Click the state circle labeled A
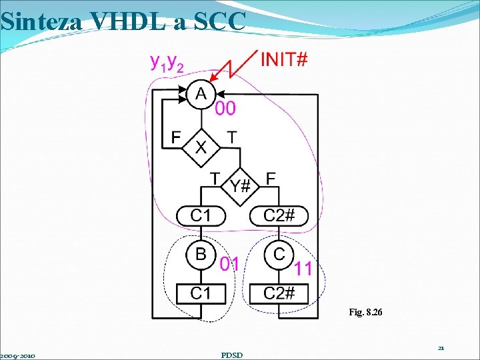point(201,95)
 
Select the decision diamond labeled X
point(201,145)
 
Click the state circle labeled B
point(201,254)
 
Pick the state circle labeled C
point(279,254)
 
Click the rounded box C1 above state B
point(201,216)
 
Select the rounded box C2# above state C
point(279,216)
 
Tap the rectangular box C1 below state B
point(201,293)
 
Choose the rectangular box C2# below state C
point(279,293)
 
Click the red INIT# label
point(284,60)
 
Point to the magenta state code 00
point(225,108)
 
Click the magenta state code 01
point(230,264)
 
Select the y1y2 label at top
point(168,63)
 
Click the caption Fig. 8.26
point(365,311)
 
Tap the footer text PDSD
point(231,355)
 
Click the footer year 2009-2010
point(18,355)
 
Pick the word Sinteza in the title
point(41,21)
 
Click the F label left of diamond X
point(175,137)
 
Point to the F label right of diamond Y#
point(271,178)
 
